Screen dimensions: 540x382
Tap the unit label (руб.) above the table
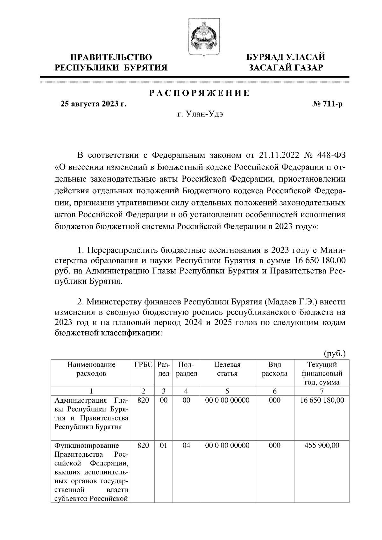tap(334, 353)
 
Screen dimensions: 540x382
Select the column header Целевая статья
tap(227, 369)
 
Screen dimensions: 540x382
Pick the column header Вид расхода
tap(274, 369)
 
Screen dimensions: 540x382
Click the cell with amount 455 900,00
tap(322, 445)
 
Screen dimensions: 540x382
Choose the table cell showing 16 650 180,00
tap(322, 400)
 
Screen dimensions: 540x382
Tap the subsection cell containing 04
tap(186, 445)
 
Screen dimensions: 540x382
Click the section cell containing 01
tap(163, 445)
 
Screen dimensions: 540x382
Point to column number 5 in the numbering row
tap(227, 391)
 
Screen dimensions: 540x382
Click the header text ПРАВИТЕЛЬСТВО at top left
tap(111, 57)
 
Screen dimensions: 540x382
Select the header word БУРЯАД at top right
tap(266, 57)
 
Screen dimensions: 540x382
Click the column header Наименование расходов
tap(91, 369)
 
